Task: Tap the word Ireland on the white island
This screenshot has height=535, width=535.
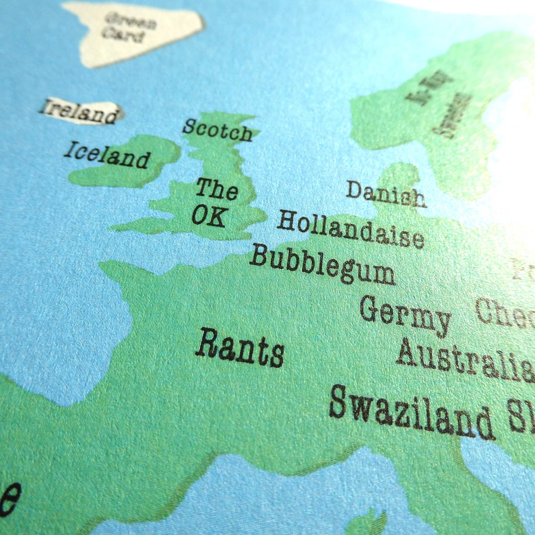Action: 78,111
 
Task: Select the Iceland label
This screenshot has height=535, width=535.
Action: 106,155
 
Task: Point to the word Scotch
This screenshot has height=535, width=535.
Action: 217,130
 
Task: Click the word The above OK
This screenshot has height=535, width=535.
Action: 216,189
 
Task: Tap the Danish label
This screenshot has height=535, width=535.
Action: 385,193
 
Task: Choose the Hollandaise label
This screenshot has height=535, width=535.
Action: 350,229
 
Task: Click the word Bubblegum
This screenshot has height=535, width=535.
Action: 321,265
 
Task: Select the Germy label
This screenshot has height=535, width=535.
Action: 404,313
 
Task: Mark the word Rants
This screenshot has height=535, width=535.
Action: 239,348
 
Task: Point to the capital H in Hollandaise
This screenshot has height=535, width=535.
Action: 286,220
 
